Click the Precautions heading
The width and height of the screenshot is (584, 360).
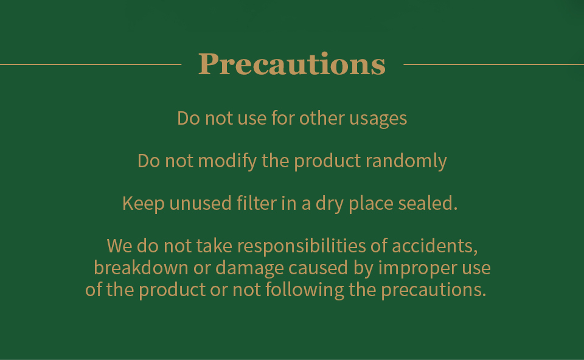click(x=291, y=64)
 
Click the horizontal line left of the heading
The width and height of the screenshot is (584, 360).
click(x=91, y=64)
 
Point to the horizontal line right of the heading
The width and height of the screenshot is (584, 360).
click(x=493, y=64)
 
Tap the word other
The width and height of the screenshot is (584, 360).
click(x=322, y=118)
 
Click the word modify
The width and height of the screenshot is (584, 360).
click(x=227, y=161)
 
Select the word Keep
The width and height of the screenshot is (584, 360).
click(x=144, y=204)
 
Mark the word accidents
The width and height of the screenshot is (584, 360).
click(x=434, y=246)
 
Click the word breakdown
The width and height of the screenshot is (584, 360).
click(x=141, y=268)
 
